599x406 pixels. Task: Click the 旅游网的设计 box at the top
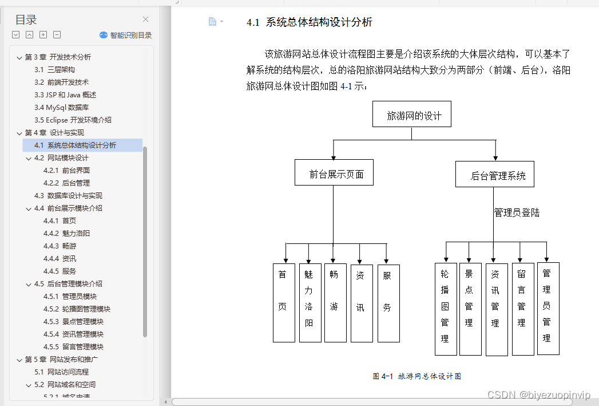pos(411,115)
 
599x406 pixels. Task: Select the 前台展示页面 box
pos(334,172)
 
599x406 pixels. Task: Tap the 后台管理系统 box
pos(495,174)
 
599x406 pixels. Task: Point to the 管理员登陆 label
pos(517,213)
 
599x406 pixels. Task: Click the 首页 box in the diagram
pos(284,302)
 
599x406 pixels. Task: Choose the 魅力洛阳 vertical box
pos(310,302)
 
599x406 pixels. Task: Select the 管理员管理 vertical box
pos(548,308)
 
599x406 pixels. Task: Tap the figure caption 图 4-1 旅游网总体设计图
pos(416,376)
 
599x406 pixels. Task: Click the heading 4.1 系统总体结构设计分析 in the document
pos(310,22)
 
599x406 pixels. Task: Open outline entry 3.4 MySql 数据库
pos(61,108)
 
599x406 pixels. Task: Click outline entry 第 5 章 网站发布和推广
pos(61,360)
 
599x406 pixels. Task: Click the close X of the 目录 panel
pos(145,19)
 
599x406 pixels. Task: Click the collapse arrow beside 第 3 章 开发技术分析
pos(19,57)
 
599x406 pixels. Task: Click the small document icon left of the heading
pos(212,22)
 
